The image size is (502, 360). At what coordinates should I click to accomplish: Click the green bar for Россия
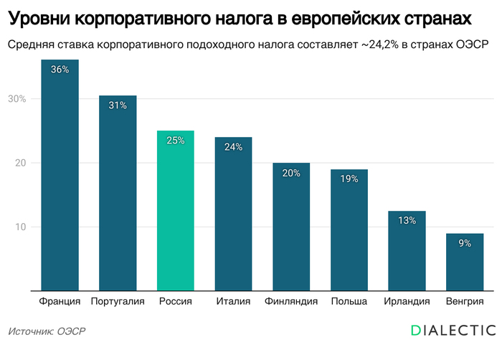[175, 212]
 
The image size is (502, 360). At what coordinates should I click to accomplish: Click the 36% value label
[60, 70]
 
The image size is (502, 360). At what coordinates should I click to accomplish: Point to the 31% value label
[118, 105]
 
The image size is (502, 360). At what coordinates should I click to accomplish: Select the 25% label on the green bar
[175, 141]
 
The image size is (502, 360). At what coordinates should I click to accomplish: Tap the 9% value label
[465, 243]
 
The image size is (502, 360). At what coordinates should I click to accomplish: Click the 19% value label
[349, 179]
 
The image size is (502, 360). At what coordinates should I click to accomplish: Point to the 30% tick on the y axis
[17, 98]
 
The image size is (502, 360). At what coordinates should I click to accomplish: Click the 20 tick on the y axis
[19, 163]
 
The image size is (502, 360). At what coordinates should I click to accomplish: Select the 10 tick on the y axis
[19, 227]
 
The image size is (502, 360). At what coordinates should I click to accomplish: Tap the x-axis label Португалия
[118, 301]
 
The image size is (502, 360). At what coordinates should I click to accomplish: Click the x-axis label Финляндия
[291, 301]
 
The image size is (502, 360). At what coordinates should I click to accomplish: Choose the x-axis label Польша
[349, 301]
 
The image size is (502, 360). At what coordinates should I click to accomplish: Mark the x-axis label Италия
[233, 301]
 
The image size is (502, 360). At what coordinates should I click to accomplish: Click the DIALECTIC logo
[453, 330]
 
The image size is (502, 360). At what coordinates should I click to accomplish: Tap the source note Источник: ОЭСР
[47, 331]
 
